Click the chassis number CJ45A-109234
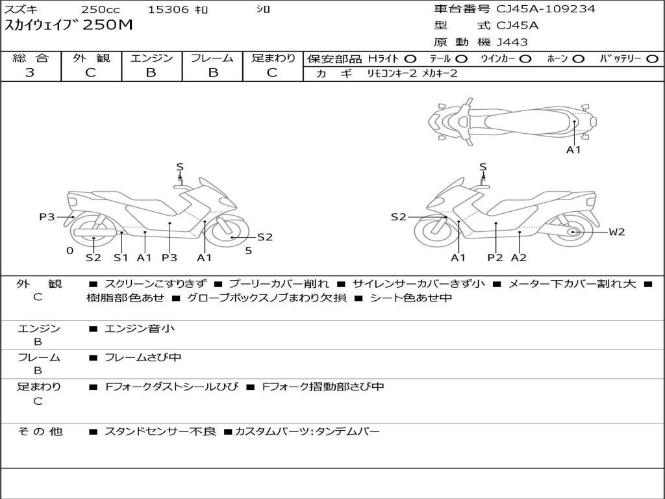(546, 8)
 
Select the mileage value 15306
(168, 9)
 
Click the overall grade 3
(30, 73)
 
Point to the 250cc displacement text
(101, 9)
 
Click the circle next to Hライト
(410, 59)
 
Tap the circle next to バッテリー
(652, 59)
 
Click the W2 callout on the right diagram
(617, 232)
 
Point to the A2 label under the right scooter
(519, 257)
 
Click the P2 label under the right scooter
(495, 257)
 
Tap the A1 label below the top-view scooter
(573, 150)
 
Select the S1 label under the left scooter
(121, 257)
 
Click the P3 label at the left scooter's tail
(47, 217)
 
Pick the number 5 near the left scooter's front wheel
(249, 251)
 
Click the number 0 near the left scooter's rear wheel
(70, 251)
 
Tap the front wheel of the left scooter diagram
(227, 232)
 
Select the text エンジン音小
(140, 328)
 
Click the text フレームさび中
(143, 357)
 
